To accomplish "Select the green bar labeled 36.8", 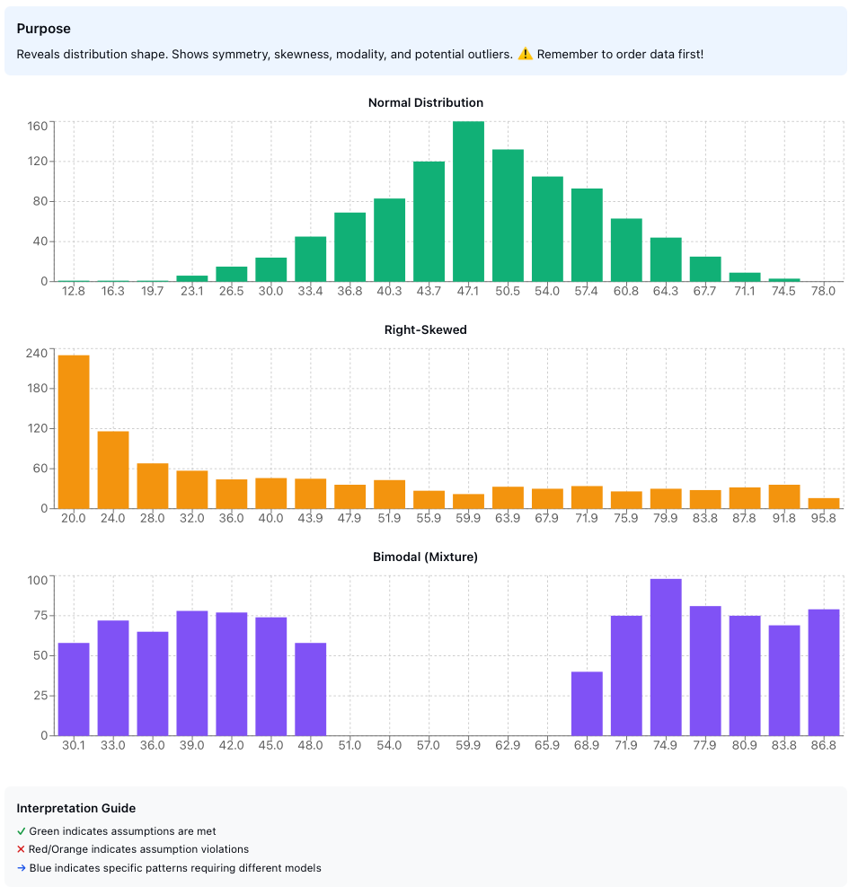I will [349, 247].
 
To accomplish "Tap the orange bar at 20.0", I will [74, 432].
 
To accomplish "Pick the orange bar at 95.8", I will [824, 503].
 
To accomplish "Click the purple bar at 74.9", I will [666, 657].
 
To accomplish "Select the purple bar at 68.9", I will [587, 703].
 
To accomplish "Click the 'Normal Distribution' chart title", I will [426, 102].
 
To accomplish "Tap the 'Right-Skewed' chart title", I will [426, 329].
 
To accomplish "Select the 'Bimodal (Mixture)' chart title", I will [426, 557].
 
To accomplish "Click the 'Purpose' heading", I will [43, 29].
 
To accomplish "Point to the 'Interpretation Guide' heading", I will [76, 808].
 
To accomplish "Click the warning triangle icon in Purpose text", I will [525, 54].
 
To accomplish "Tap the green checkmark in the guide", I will [22, 831].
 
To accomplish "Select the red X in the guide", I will [22, 849].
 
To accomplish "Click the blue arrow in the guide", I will [22, 868].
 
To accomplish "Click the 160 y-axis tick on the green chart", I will [38, 126].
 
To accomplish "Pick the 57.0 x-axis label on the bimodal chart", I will [429, 745].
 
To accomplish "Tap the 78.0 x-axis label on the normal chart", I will [824, 291].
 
